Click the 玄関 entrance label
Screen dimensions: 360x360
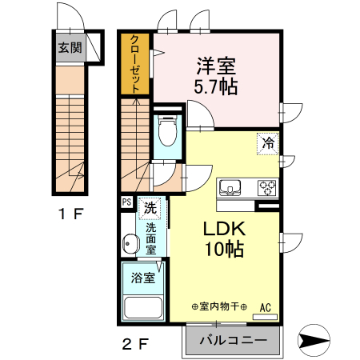click(x=70, y=46)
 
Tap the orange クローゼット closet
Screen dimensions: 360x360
click(x=136, y=65)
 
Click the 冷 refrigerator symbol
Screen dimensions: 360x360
click(x=268, y=144)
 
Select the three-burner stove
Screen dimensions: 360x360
click(x=266, y=188)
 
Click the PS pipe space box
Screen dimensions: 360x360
click(x=126, y=202)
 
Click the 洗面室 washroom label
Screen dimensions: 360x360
click(x=150, y=237)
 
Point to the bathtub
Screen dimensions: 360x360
click(x=143, y=307)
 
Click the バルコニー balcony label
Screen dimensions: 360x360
click(x=233, y=341)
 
